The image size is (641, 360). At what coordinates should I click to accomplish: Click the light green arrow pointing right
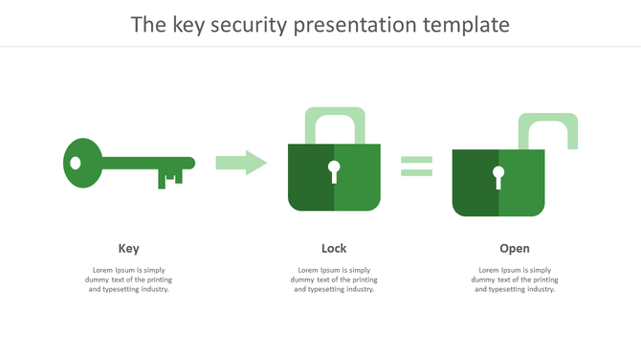coord(240,163)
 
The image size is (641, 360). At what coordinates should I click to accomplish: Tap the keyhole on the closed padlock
coord(334,171)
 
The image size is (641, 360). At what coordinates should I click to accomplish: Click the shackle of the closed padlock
coord(334,117)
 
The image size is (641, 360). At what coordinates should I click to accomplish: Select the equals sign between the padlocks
coord(416,167)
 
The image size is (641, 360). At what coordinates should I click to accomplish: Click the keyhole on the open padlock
coord(498,176)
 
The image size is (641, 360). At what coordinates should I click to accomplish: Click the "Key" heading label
coord(128,249)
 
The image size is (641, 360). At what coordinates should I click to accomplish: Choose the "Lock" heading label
coord(334,249)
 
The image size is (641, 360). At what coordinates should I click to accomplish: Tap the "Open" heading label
coord(514,249)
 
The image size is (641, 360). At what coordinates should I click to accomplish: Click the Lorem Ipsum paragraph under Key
coord(128,280)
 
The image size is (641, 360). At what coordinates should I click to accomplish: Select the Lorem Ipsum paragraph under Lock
coord(334,280)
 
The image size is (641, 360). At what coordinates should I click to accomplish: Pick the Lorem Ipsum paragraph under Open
coord(514,280)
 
